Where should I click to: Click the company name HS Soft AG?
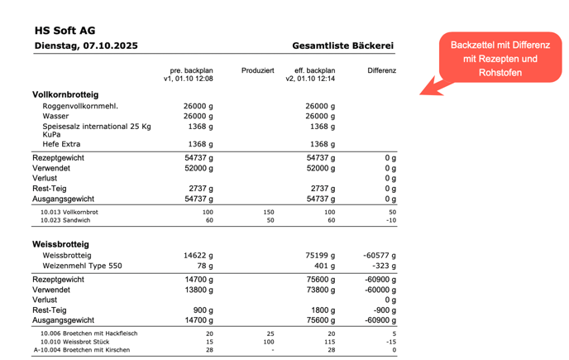pos(65,31)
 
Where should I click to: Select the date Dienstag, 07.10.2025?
pos(86,46)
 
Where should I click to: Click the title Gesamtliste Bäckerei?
pos(342,46)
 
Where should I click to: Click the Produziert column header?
pos(257,70)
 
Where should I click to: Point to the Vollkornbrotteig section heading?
pos(65,94)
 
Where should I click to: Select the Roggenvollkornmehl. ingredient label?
pos(80,106)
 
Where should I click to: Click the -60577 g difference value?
pos(380,256)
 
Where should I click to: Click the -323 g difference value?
pos(385,266)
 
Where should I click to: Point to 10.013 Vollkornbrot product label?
pos(69,212)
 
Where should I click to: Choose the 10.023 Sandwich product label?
pos(66,220)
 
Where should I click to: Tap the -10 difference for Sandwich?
pos(390,220)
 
